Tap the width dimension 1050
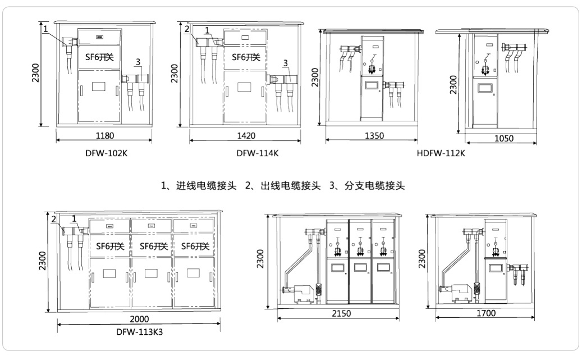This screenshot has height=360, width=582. [x=502, y=138]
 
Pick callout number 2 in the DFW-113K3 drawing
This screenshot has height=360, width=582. [x=53, y=218]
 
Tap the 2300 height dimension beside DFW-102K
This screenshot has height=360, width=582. [x=35, y=73]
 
